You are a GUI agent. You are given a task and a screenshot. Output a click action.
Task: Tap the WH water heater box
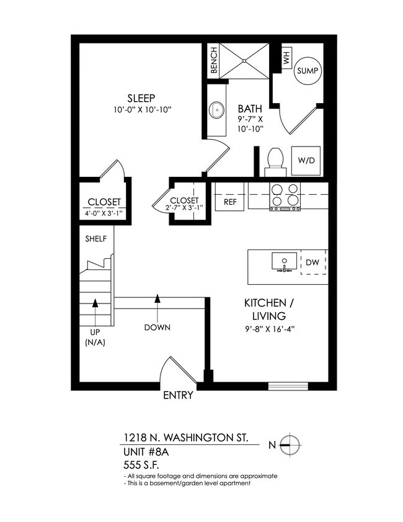pos(286,59)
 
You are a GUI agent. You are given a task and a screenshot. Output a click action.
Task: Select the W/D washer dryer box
pos(306,160)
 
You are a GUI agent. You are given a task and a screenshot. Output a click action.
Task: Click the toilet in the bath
pos(274,161)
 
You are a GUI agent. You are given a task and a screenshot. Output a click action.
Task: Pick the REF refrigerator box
pos(230,202)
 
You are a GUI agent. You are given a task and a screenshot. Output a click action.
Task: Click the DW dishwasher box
pos(312,263)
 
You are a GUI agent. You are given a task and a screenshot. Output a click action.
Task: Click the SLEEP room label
pos(141,98)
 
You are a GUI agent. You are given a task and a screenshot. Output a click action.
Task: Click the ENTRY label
pos(178,395)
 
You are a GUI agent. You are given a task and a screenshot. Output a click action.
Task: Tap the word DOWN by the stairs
pos(157,327)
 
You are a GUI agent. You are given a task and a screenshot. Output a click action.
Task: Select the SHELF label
pos(96,238)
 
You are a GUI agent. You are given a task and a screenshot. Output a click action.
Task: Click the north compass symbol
pos(290,444)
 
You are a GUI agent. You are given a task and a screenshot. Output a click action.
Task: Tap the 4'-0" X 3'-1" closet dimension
pos(103,214)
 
